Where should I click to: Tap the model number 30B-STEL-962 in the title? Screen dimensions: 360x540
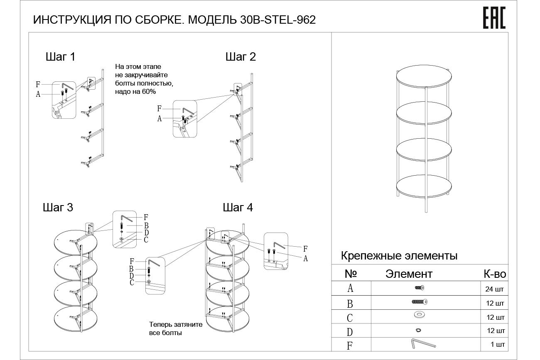tap(277, 20)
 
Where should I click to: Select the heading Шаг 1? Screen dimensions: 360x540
tap(60, 57)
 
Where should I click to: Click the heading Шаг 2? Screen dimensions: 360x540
tap(241, 57)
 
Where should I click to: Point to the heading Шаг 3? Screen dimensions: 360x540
tap(58, 207)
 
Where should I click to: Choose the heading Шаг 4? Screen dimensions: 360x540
tap(238, 207)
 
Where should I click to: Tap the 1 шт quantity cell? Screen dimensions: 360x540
tap(497, 344)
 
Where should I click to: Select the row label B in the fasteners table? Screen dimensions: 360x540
tap(350, 304)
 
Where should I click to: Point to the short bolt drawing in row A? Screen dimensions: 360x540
tap(420, 287)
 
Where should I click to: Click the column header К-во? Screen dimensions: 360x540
tap(494, 274)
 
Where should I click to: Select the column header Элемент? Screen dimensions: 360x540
tap(409, 274)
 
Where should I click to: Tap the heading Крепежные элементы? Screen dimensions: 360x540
tap(399, 255)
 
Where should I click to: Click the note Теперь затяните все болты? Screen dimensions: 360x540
tap(176, 328)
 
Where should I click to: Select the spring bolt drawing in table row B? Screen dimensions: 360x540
tap(419, 302)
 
